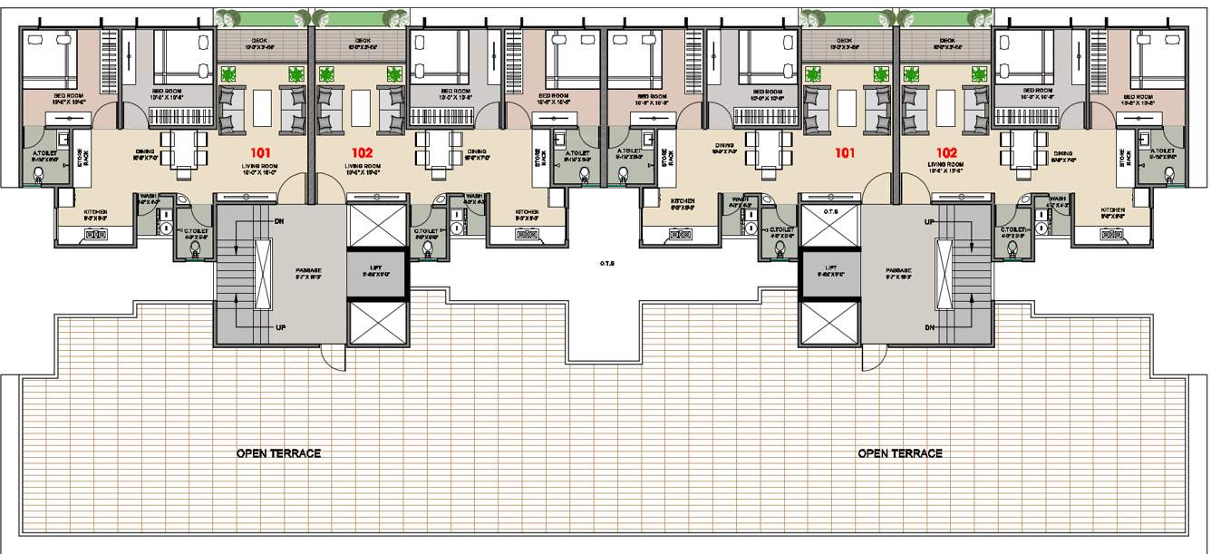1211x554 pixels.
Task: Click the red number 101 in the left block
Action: [261, 153]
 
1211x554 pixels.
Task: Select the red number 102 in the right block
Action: [946, 152]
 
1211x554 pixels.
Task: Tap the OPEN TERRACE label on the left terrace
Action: [278, 453]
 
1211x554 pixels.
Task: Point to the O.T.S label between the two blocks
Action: [607, 264]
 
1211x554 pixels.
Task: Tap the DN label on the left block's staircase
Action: [280, 221]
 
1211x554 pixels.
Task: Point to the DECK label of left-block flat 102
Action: [363, 41]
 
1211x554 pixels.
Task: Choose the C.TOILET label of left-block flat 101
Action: [197, 230]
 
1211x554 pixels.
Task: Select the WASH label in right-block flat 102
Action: [1057, 198]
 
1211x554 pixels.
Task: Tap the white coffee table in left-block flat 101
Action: [261, 109]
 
